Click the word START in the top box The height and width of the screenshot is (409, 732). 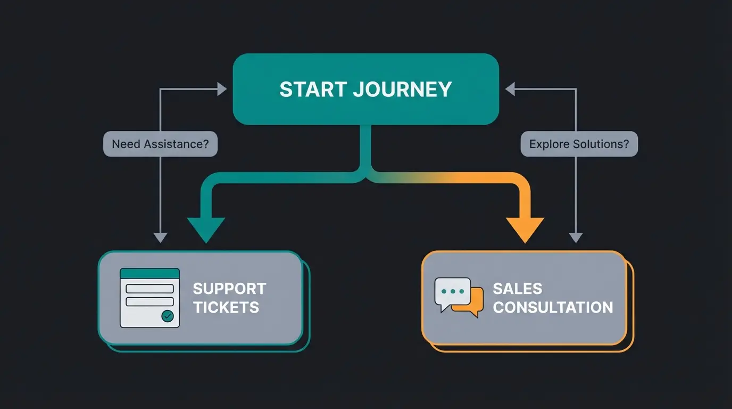tap(312, 89)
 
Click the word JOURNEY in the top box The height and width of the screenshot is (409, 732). tap(402, 89)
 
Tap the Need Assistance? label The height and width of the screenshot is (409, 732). tap(160, 144)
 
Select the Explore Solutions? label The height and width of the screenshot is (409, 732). tap(579, 144)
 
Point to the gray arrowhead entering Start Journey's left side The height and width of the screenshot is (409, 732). tap(222, 89)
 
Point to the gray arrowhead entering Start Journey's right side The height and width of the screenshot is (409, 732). tap(510, 89)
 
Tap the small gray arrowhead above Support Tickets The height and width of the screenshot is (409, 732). tap(160, 238)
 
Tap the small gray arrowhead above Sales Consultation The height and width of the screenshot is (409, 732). tap(576, 238)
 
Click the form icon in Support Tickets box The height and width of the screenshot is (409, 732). tap(149, 298)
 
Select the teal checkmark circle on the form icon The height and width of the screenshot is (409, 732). tap(168, 316)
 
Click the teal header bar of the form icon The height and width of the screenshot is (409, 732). tap(149, 273)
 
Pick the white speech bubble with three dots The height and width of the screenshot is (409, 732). tap(452, 292)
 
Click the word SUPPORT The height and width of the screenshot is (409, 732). tap(229, 289)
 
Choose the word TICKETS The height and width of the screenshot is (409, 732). tap(226, 307)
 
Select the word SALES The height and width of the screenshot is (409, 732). tap(517, 289)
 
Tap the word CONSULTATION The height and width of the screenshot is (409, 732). tap(553, 307)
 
